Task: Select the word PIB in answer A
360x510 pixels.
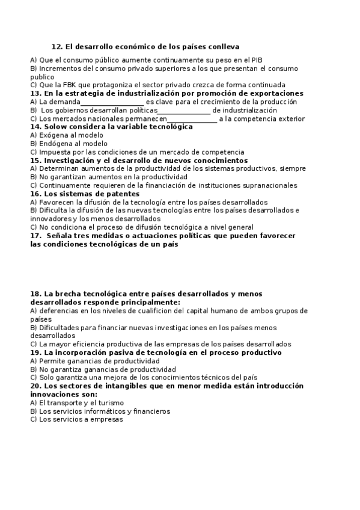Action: pyautogui.click(x=255, y=60)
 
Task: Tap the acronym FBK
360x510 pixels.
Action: pyautogui.click(x=61, y=85)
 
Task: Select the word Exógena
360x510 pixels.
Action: pyautogui.click(x=55, y=136)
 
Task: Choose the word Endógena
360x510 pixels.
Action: pyautogui.click(x=57, y=144)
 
